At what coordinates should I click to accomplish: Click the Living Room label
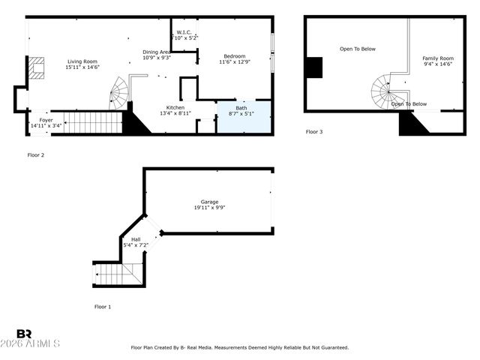(x=82, y=61)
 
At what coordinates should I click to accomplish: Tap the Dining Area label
(x=157, y=52)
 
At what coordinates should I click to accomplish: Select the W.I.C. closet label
(x=184, y=32)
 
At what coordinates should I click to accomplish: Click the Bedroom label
(x=234, y=56)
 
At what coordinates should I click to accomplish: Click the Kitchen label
(x=175, y=108)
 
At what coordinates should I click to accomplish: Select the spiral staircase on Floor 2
(x=118, y=94)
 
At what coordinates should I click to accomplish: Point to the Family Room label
(x=437, y=58)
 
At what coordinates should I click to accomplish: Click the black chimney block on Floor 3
(x=313, y=67)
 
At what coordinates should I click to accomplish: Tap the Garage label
(x=208, y=202)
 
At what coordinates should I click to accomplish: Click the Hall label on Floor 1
(x=136, y=240)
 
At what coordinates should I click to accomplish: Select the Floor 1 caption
(x=103, y=307)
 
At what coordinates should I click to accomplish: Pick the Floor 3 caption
(x=314, y=132)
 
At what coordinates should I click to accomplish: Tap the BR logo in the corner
(x=24, y=334)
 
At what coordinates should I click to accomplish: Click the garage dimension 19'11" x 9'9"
(x=208, y=208)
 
